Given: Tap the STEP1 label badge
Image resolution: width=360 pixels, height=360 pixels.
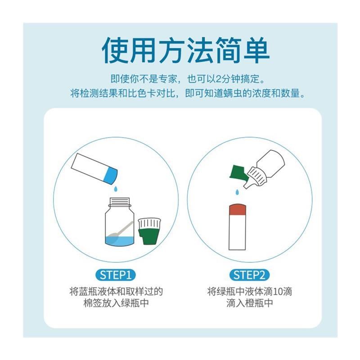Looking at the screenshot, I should coord(115,274).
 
